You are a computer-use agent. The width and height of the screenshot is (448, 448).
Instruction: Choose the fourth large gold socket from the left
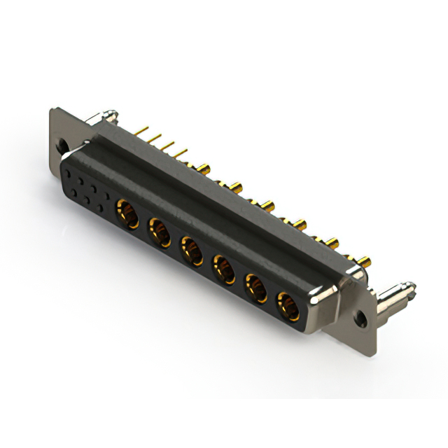pos(223,267)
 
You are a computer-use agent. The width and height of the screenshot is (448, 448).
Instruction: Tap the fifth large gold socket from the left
pos(255,287)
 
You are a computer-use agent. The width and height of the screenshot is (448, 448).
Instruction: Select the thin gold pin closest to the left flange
pos(143,132)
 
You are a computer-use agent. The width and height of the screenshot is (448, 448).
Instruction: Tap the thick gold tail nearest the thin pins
pos(204,168)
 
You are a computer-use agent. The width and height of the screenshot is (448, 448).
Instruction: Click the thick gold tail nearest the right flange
pos(364,263)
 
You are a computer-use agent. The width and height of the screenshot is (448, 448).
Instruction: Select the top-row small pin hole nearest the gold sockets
pos(105,191)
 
